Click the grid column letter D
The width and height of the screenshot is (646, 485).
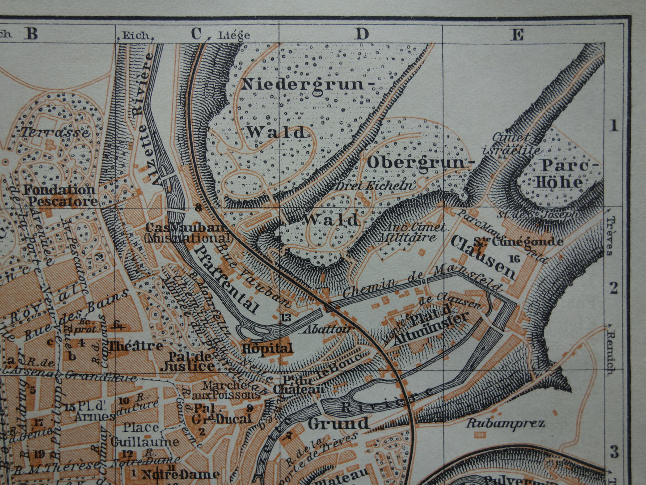point(362,34)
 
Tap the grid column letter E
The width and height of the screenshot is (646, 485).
point(517,34)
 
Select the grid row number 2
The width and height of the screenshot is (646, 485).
point(614,289)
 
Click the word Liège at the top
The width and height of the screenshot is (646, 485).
point(234,35)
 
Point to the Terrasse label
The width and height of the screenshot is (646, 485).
point(55,132)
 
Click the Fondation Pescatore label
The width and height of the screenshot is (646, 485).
point(60,196)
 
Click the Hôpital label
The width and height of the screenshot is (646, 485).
point(267,348)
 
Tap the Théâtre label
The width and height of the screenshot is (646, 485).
point(136,346)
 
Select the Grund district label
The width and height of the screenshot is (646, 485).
point(338,423)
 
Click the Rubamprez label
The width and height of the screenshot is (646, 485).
point(505,423)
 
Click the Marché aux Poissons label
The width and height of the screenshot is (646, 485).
point(231,390)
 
